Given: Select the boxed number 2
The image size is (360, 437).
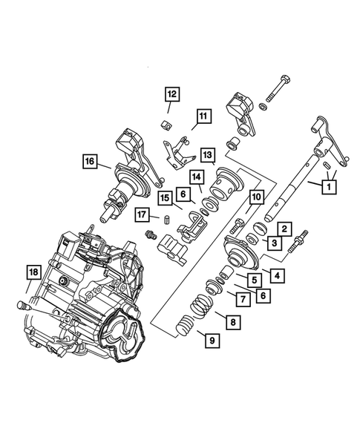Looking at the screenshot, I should click(x=283, y=229).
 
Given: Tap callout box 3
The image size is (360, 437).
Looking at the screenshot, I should click(x=274, y=243).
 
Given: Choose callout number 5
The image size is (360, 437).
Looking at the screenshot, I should click(x=254, y=280).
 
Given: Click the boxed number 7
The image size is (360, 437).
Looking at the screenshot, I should click(x=242, y=299).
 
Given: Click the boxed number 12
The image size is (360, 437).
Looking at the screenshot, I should click(x=171, y=93).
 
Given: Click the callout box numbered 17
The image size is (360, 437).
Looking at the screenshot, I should click(x=143, y=215).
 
